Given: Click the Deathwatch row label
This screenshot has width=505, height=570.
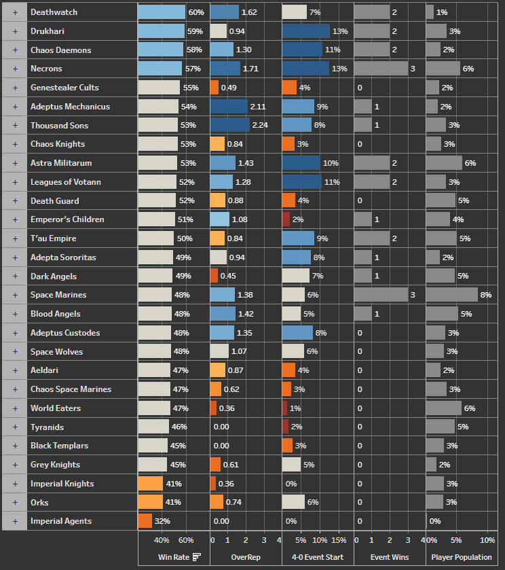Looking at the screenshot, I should click(x=54, y=12).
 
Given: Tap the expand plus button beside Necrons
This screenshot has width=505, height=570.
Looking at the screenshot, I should click(x=14, y=69).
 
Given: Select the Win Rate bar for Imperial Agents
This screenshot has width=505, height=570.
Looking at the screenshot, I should click(x=145, y=521).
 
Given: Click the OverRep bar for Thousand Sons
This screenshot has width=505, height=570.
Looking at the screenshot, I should click(x=230, y=125).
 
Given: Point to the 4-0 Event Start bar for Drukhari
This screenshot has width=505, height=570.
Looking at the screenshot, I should click(x=305, y=31).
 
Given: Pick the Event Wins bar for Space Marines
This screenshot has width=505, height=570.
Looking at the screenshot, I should click(x=380, y=295).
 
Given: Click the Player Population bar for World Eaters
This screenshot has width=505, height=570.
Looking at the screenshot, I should click(x=443, y=408).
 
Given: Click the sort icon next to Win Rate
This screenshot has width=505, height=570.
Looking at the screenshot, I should click(x=197, y=557).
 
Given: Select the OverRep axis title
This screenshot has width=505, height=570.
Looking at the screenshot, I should click(x=245, y=557).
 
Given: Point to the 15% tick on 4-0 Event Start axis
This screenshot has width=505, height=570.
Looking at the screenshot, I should click(x=338, y=541).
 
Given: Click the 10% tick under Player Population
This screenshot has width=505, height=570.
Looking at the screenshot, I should click(x=487, y=541).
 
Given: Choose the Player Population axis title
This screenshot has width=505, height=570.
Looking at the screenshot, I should click(x=462, y=557).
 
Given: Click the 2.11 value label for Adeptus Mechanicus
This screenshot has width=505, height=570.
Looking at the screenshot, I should click(x=258, y=107).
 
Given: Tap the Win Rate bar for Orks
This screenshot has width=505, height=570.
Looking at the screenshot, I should click(x=150, y=502).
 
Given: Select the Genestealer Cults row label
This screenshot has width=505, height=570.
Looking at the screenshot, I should click(x=64, y=88).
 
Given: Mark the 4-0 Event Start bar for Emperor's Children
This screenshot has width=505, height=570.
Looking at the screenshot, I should click(x=286, y=219).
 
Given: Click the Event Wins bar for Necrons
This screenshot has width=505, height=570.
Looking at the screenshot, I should click(x=380, y=69).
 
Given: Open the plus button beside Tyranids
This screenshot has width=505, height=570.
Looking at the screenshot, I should click(x=14, y=427).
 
